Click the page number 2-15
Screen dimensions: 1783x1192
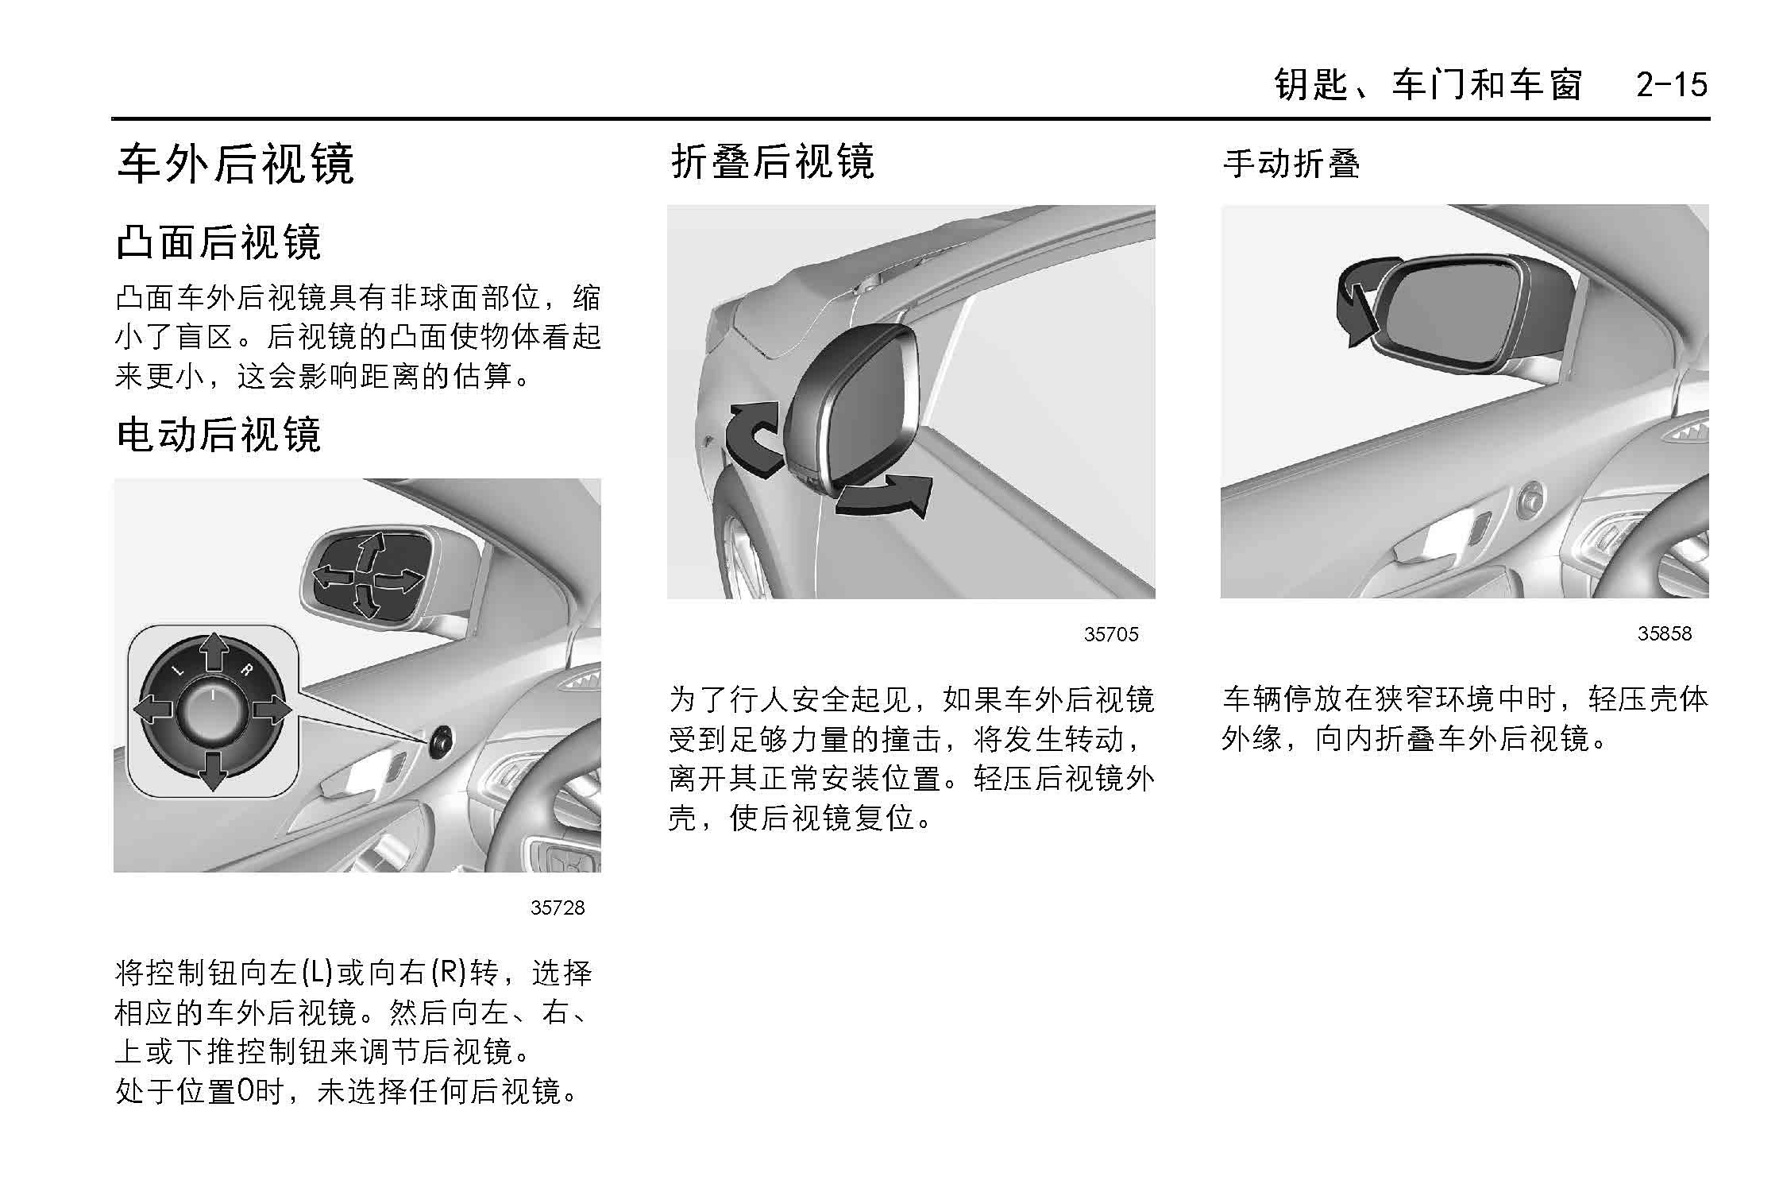pyautogui.click(x=1671, y=84)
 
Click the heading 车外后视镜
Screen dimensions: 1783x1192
pyautogui.click(x=235, y=164)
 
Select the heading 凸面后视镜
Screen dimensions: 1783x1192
pyautogui.click(x=218, y=242)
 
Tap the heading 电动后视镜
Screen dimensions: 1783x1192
pyautogui.click(x=218, y=435)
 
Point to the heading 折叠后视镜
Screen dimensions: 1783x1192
pyautogui.click(x=772, y=162)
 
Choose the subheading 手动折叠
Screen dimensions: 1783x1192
pyautogui.click(x=1291, y=164)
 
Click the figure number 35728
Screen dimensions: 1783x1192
pyautogui.click(x=558, y=908)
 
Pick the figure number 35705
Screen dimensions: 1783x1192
pyautogui.click(x=1111, y=634)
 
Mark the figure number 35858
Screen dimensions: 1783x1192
pyautogui.click(x=1665, y=633)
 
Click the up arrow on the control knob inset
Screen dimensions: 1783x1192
pyautogui.click(x=213, y=652)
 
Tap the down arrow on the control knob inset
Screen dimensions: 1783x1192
pyautogui.click(x=213, y=771)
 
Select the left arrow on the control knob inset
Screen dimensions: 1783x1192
pyautogui.click(x=153, y=710)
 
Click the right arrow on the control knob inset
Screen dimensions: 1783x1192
pyautogui.click(x=272, y=710)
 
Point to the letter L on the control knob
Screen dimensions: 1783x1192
pyautogui.click(x=178, y=671)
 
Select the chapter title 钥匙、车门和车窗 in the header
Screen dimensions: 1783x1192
pyautogui.click(x=1428, y=84)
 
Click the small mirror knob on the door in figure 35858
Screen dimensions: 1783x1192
pyautogui.click(x=1529, y=501)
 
